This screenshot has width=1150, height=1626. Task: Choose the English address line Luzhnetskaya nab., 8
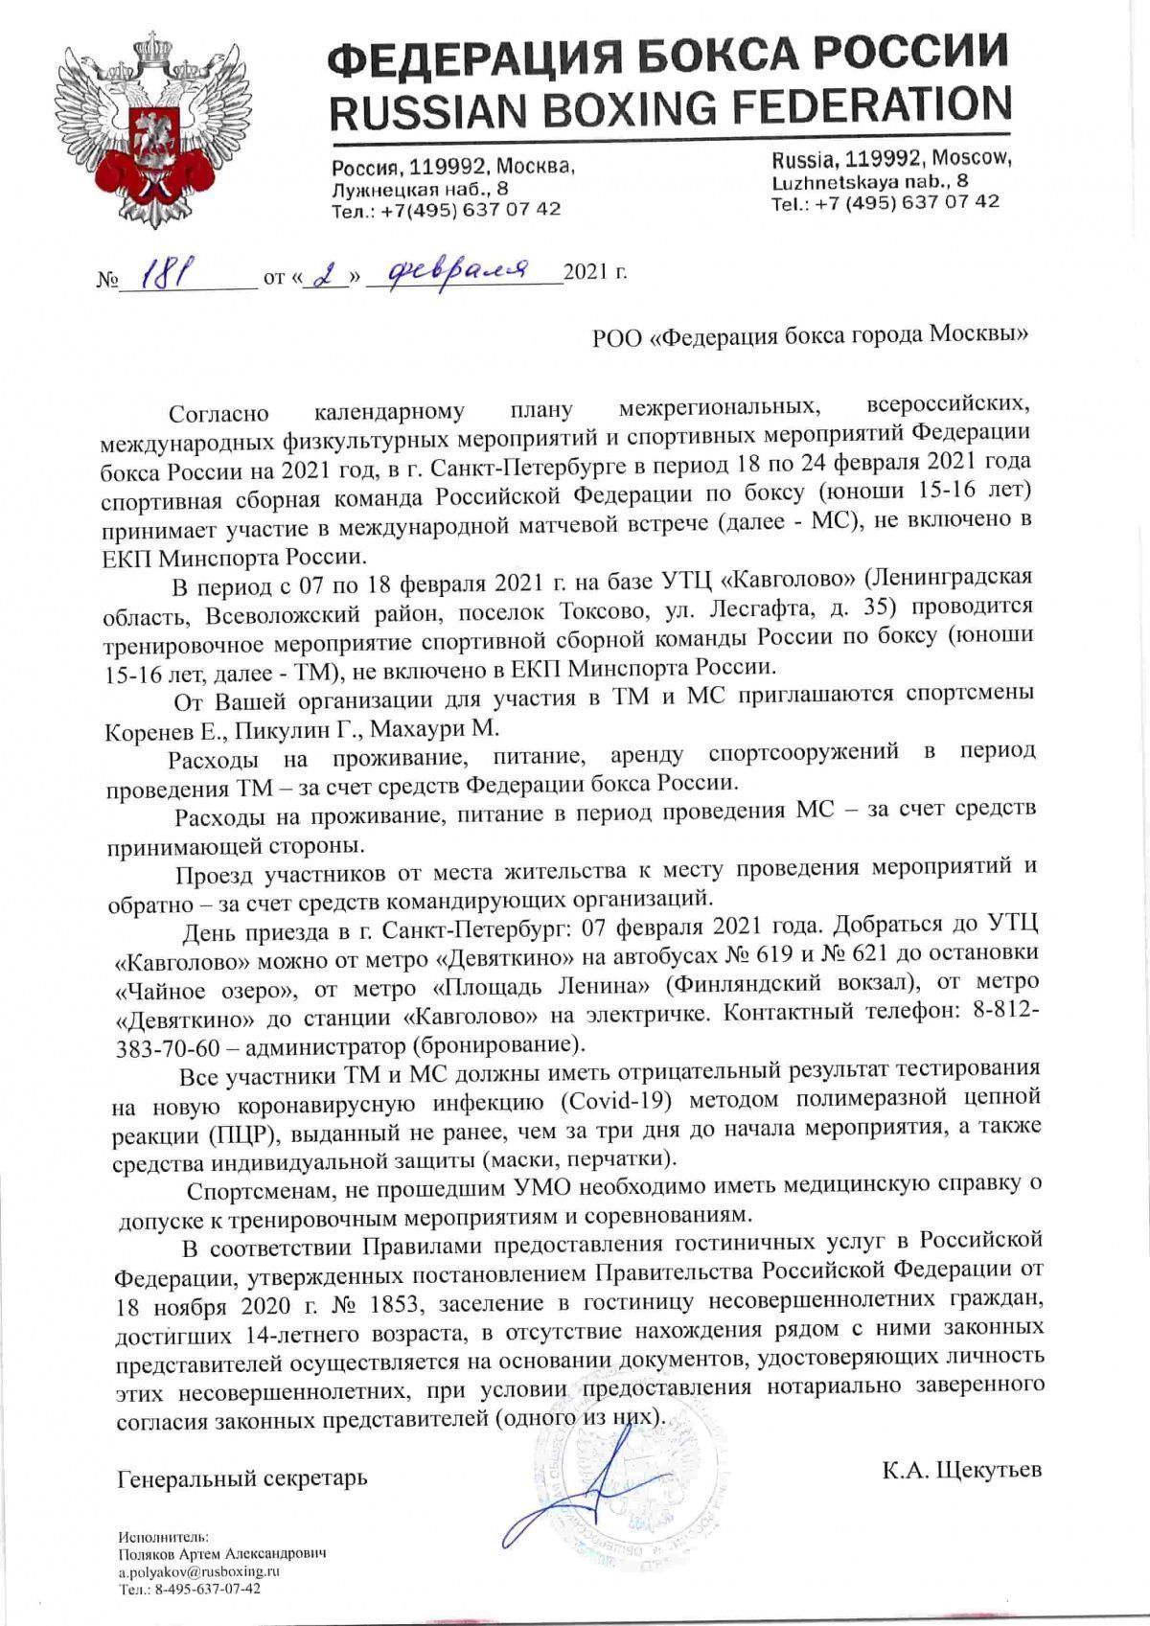869,180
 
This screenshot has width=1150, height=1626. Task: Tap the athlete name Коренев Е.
160,728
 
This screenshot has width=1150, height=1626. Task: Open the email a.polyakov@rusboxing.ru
198,1571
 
